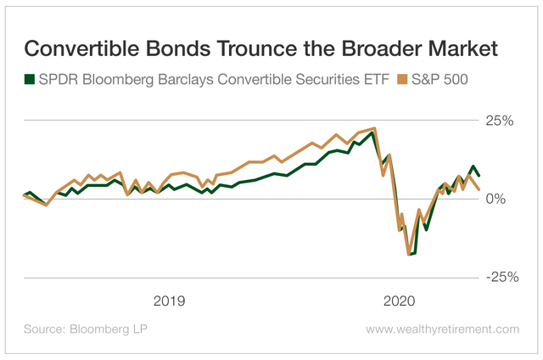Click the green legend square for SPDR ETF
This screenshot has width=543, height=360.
pos(29,80)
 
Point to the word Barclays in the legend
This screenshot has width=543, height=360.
pos(177,80)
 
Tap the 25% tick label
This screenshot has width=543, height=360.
pos(501,121)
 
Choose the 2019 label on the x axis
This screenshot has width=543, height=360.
pos(170,301)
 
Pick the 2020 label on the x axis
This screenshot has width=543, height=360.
pos(400,301)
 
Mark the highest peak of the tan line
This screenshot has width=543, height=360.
pos(374,128)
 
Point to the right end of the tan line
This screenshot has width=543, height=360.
pos(480,188)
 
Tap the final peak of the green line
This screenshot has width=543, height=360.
pos(473,166)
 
